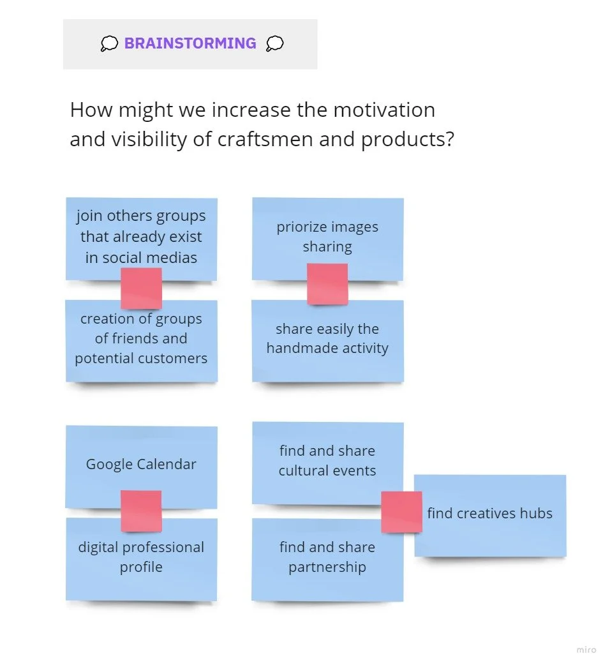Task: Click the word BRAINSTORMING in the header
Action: pyautogui.click(x=190, y=43)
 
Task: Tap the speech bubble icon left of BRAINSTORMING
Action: pyautogui.click(x=109, y=43)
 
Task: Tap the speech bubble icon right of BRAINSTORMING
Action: pyautogui.click(x=274, y=43)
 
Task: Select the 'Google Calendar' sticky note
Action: pyautogui.click(x=141, y=464)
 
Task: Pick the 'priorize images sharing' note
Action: pyautogui.click(x=327, y=236)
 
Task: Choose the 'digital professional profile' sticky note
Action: pyautogui.click(x=141, y=557)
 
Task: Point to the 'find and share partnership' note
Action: pyautogui.click(x=327, y=557)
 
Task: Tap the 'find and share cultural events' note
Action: pyautogui.click(x=327, y=460)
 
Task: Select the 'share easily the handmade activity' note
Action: pyautogui.click(x=327, y=339)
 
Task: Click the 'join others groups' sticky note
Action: pyautogui.click(x=141, y=237)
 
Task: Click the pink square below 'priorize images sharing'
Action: pyautogui.click(x=327, y=284)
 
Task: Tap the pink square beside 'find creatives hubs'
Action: pyautogui.click(x=401, y=512)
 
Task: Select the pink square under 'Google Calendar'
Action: pyautogui.click(x=141, y=511)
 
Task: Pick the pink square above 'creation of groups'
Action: pyautogui.click(x=141, y=289)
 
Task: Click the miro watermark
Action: pyautogui.click(x=586, y=650)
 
